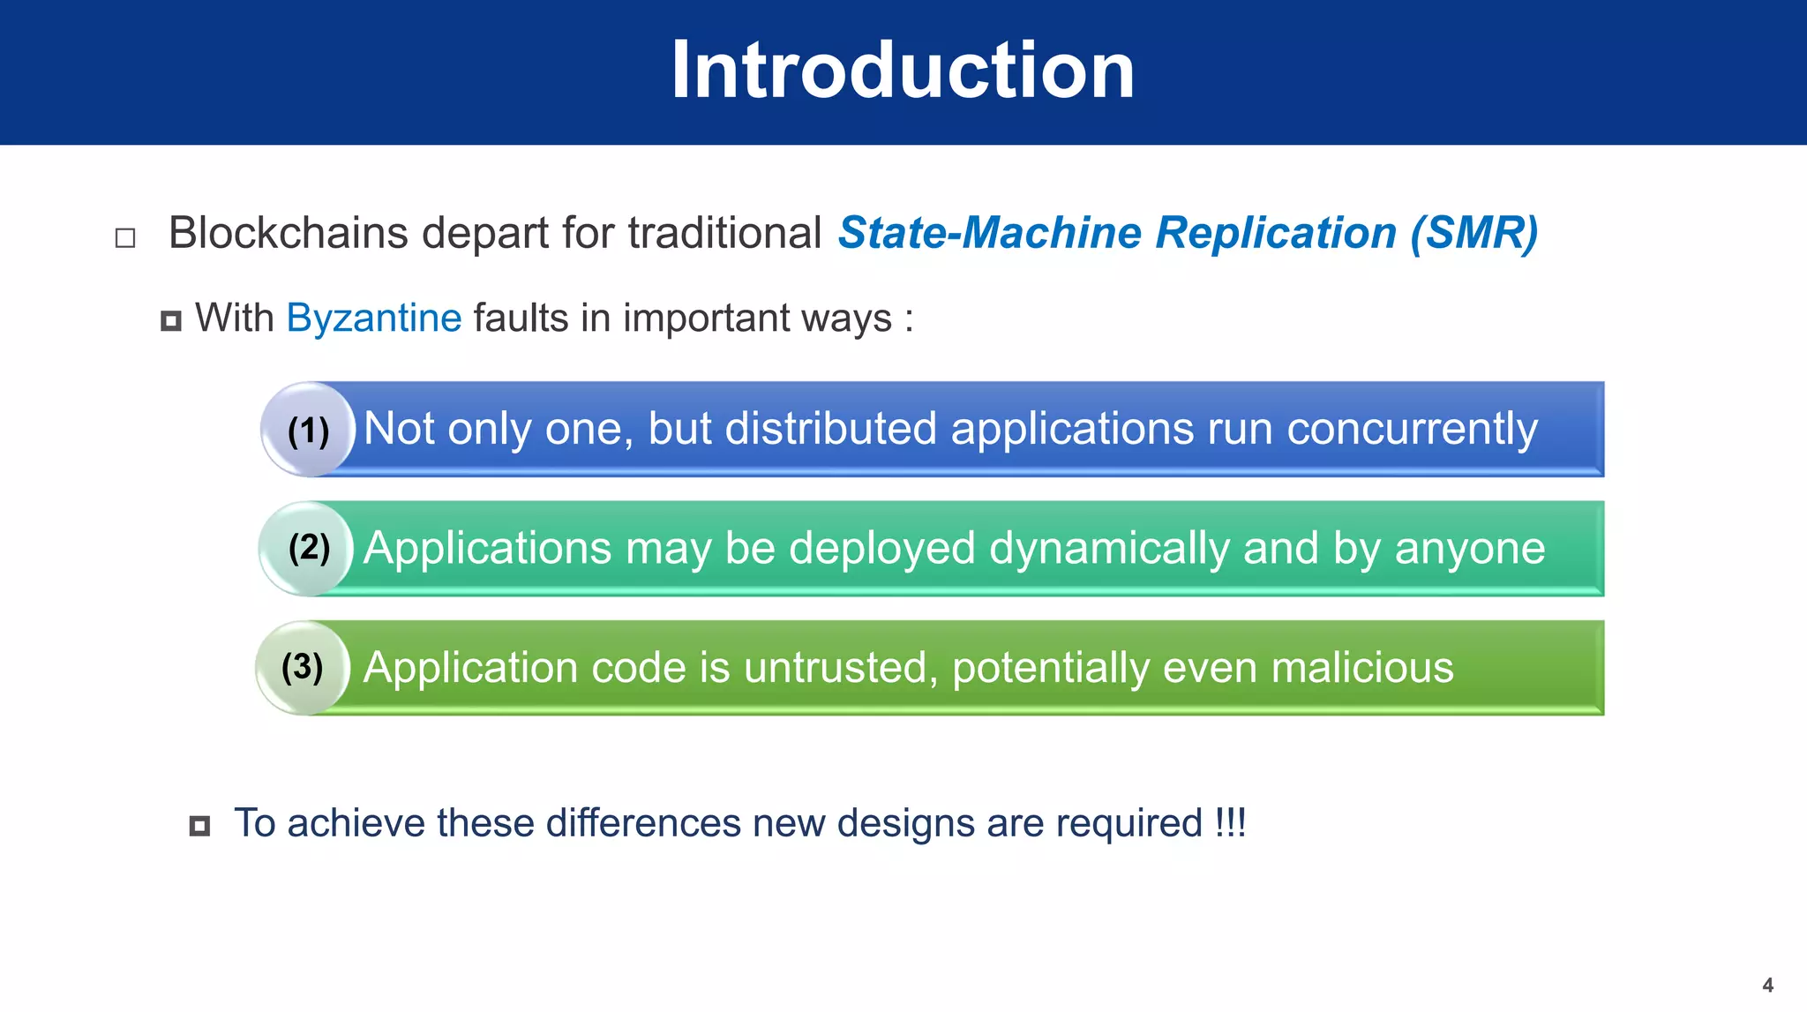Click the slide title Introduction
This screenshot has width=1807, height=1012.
click(x=903, y=71)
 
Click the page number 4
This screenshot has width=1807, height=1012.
click(x=1767, y=985)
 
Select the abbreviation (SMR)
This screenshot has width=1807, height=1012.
click(x=1473, y=234)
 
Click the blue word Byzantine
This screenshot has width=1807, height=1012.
click(x=374, y=318)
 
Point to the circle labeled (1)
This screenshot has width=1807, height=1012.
click(x=308, y=430)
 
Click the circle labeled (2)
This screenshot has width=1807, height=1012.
click(x=308, y=548)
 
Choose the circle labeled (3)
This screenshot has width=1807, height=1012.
click(x=303, y=667)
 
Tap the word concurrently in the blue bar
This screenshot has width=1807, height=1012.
click(x=1412, y=430)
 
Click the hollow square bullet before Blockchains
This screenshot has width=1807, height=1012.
click(x=125, y=238)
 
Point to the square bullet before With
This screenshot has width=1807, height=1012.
click(x=171, y=321)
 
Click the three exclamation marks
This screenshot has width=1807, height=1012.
click(x=1230, y=823)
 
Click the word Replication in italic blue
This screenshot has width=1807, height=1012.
click(x=1276, y=234)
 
